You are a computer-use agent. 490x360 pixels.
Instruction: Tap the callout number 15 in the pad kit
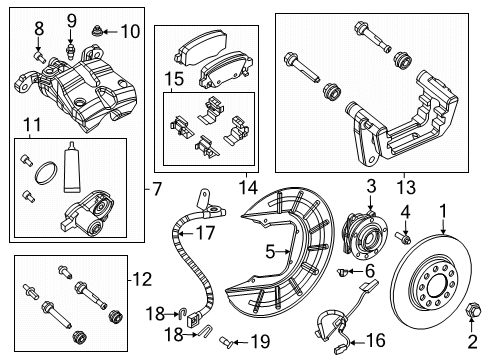174,77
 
